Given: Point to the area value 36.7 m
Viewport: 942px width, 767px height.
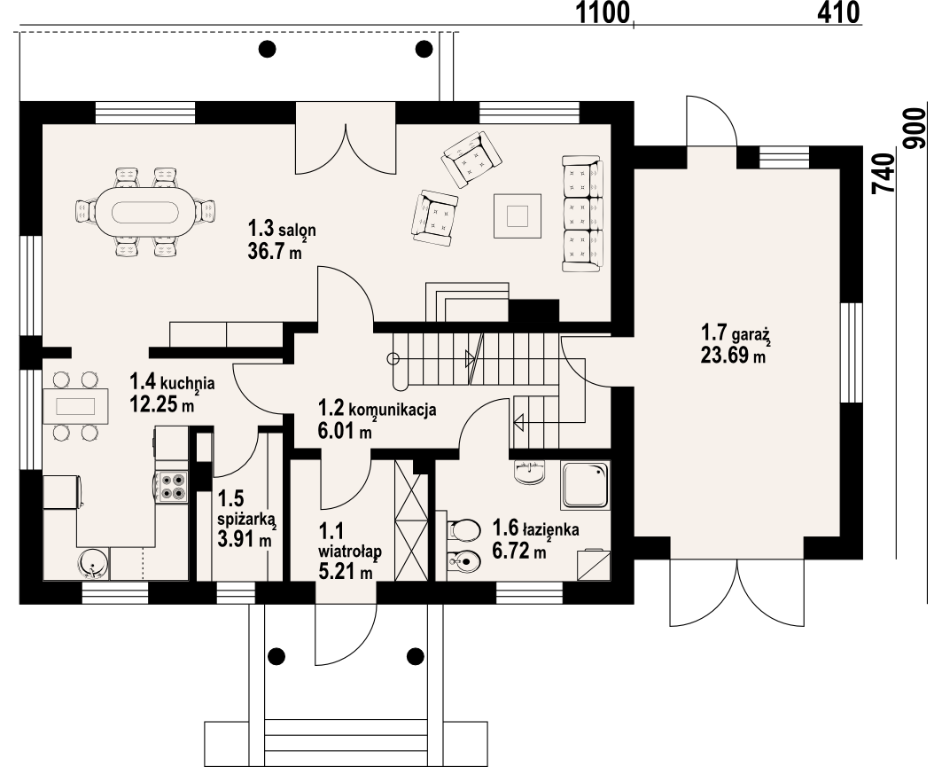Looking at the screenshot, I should click(276, 251).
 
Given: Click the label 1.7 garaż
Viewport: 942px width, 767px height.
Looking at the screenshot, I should click(735, 335).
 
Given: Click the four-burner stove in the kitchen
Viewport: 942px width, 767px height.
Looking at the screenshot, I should click(171, 485).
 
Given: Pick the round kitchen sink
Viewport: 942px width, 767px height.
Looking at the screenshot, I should click(93, 561).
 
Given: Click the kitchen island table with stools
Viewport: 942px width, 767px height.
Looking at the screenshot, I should click(74, 406).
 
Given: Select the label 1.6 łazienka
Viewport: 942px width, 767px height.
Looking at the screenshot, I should click(536, 529).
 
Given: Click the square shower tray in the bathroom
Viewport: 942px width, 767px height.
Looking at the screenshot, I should click(585, 485).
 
